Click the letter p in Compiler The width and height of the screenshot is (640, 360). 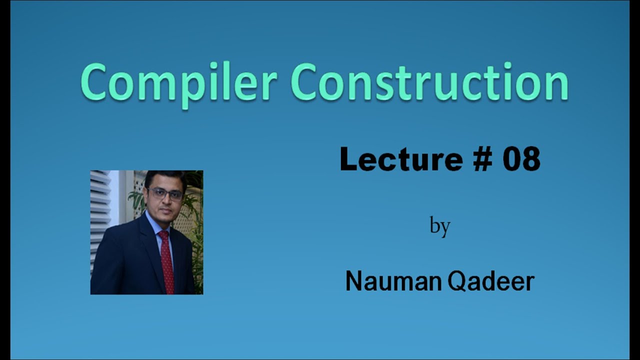[189, 86]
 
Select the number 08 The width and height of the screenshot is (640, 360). [521, 159]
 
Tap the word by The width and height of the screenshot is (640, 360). [440, 226]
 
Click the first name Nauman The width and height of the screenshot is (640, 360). [393, 281]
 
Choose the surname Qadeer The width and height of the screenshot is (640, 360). [491, 281]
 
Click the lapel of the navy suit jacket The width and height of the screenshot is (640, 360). [150, 250]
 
